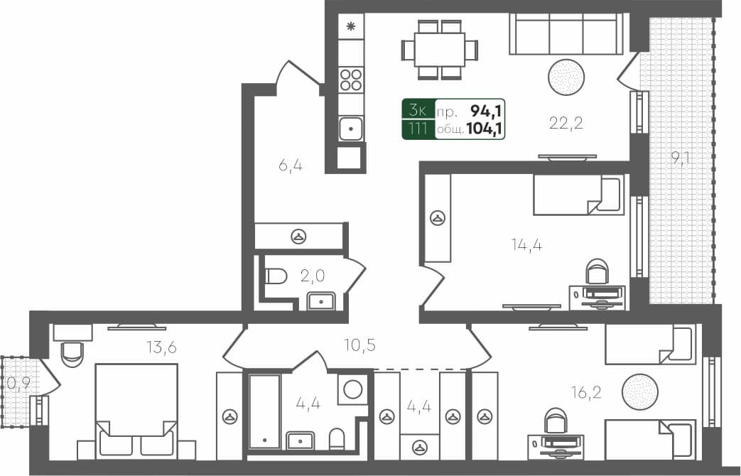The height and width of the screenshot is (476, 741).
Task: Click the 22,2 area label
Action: pos(566,124)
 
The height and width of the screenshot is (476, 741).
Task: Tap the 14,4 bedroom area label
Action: pos(527,245)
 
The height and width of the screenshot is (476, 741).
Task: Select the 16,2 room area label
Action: pos(586,391)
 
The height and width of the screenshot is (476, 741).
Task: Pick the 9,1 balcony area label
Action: pos(681,158)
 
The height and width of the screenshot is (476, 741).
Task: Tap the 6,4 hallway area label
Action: pos(291,166)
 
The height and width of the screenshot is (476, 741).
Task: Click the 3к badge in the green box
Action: pos(418,109)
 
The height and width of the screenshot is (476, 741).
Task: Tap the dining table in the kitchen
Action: pos(440,50)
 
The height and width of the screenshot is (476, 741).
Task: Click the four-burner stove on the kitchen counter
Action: pos(351,79)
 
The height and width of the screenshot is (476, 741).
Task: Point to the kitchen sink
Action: pos(351,129)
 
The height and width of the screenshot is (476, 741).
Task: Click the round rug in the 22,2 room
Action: pos(566,77)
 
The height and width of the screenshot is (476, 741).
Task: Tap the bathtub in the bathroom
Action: pos(264,411)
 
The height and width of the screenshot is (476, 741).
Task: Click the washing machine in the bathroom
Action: pos(352,389)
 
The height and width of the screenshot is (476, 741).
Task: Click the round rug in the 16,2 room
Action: pos(639,391)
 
